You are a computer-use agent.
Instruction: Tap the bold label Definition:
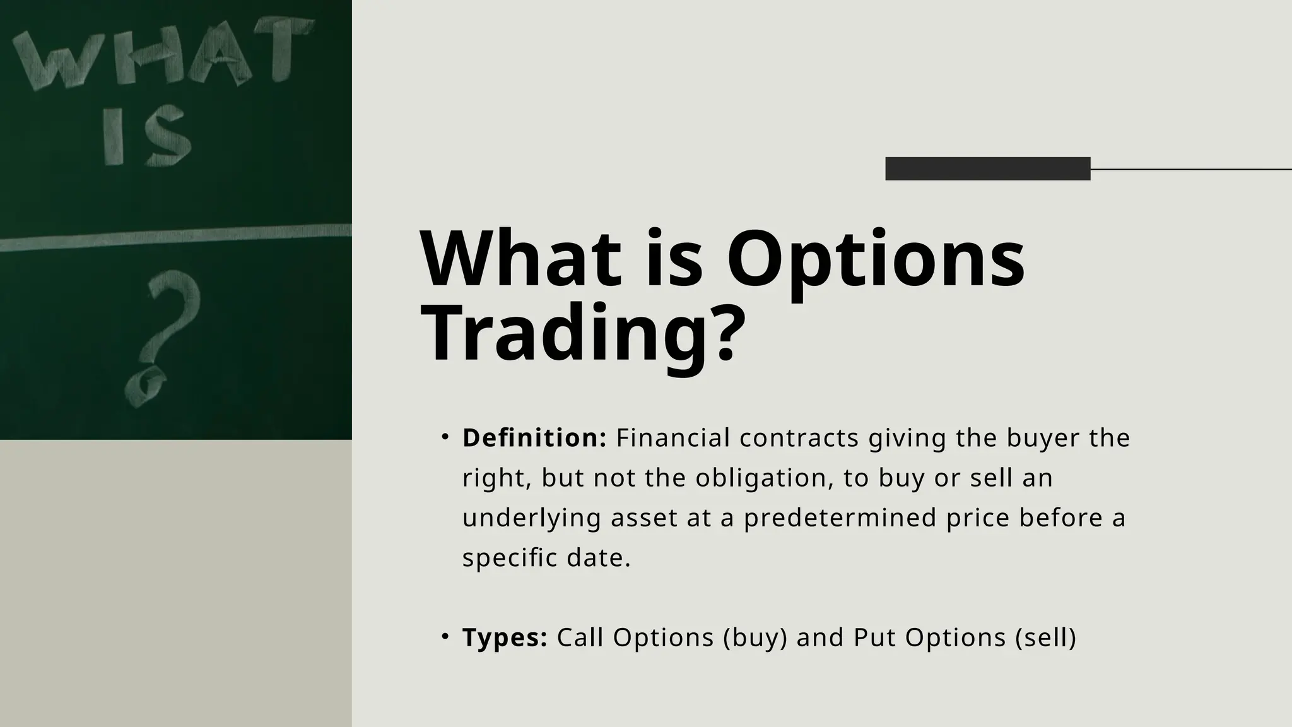click(534, 438)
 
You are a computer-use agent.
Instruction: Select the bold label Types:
click(505, 637)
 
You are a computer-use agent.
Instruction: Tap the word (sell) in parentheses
click(1045, 637)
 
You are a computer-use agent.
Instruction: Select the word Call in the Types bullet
click(580, 637)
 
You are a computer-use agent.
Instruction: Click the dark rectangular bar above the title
click(987, 168)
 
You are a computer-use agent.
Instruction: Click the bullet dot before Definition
click(445, 437)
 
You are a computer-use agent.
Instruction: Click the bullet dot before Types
click(445, 636)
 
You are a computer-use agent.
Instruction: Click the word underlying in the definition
click(532, 518)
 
